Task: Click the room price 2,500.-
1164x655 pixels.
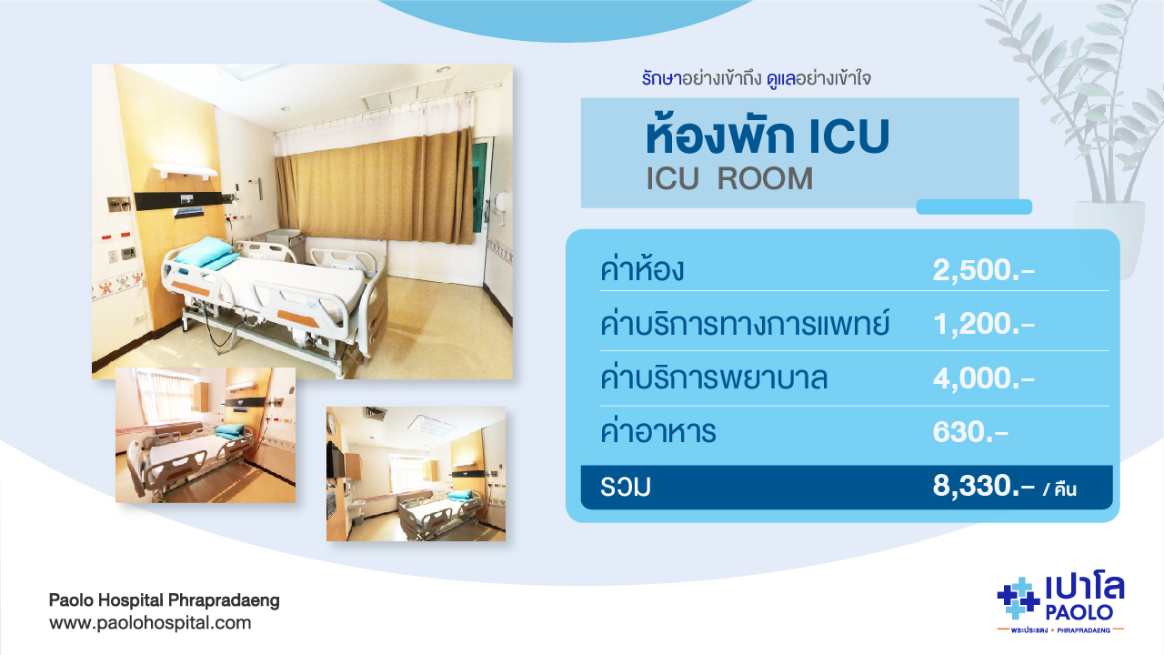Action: click(983, 270)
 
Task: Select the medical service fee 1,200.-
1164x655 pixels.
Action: click(983, 324)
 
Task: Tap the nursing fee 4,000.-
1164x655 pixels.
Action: click(983, 378)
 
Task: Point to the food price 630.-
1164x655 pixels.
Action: click(970, 432)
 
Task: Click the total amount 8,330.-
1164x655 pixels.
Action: click(983, 486)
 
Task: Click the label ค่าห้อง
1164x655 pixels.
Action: click(642, 269)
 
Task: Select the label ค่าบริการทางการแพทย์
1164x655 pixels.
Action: click(745, 323)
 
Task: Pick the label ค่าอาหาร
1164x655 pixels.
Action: click(657, 431)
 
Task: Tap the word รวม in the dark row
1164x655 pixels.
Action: click(625, 487)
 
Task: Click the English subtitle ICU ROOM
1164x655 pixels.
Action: click(729, 179)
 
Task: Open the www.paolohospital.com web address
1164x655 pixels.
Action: click(150, 623)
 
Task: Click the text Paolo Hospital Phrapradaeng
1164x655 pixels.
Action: click(165, 600)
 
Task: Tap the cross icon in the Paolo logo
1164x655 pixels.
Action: click(1018, 599)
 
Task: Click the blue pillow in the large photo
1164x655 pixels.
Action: click(206, 253)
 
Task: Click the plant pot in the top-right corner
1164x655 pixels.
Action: click(1109, 239)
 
